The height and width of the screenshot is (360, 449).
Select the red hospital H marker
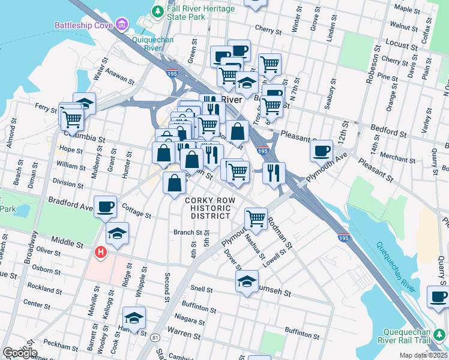tap(101, 253)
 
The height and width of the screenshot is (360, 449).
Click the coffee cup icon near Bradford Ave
tap(106, 206)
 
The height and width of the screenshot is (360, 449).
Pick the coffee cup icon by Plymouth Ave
tap(322, 150)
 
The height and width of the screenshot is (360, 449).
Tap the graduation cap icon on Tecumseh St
tap(247, 281)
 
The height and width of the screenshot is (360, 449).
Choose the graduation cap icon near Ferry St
tap(85, 103)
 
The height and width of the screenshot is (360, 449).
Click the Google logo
tap(20, 353)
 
